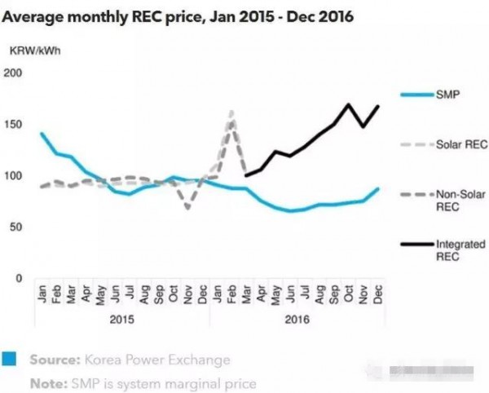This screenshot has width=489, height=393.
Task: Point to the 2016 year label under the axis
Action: point(297,319)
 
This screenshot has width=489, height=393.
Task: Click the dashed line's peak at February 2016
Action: point(231,113)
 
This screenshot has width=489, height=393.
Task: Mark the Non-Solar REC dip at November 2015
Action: point(188,208)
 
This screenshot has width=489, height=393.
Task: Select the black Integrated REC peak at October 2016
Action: point(349,104)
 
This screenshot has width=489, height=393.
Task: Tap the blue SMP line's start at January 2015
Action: point(41,134)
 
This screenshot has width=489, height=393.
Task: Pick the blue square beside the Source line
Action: point(11,360)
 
